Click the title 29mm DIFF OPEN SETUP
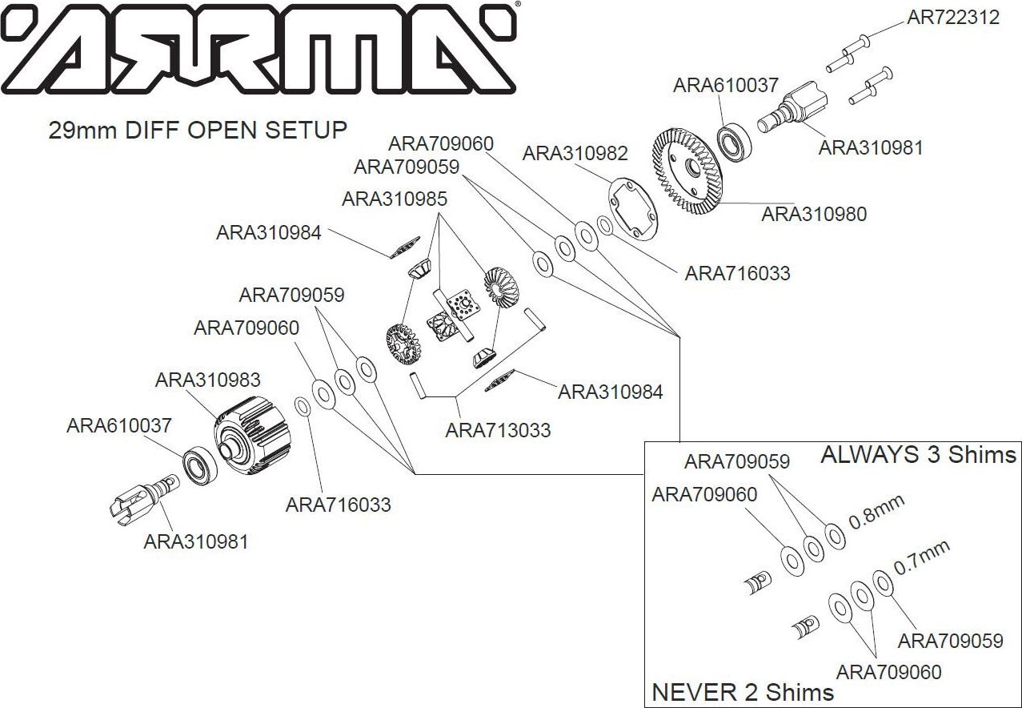click(x=198, y=130)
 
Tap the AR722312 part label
click(x=953, y=18)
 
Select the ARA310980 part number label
click(x=814, y=214)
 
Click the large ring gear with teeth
click(x=687, y=171)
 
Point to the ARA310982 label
click(x=575, y=154)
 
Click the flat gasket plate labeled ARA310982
click(x=633, y=208)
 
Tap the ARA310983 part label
click(x=207, y=380)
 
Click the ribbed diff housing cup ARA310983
click(x=252, y=436)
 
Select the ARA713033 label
click(x=498, y=430)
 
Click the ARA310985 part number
click(x=395, y=199)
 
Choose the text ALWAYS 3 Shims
click(x=919, y=455)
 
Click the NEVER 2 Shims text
click(x=743, y=693)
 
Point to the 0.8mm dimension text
click(x=876, y=512)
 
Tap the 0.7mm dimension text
click(x=922, y=557)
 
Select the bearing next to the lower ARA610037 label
click(x=200, y=465)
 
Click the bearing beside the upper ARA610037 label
click(x=734, y=142)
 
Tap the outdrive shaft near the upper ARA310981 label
click(x=792, y=108)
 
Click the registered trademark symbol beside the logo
click(x=517, y=4)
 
